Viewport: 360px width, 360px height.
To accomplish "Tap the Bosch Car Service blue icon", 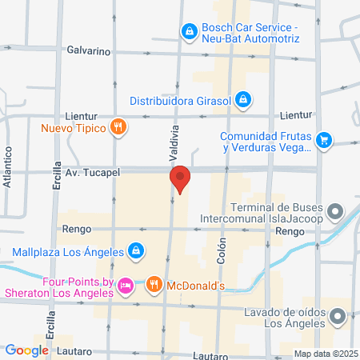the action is [x=189, y=32].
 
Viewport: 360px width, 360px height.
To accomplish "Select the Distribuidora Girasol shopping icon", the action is [x=244, y=101].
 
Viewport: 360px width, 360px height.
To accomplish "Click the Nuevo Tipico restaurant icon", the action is [x=118, y=126].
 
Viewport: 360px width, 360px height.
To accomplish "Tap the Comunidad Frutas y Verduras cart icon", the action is [x=323, y=141].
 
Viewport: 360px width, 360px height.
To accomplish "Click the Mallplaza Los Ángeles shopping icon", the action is [x=136, y=251].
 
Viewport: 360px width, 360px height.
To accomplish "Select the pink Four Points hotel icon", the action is [x=125, y=285].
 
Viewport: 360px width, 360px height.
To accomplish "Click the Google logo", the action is [x=27, y=350].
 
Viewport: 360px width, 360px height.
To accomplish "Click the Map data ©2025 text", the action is [x=326, y=353].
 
